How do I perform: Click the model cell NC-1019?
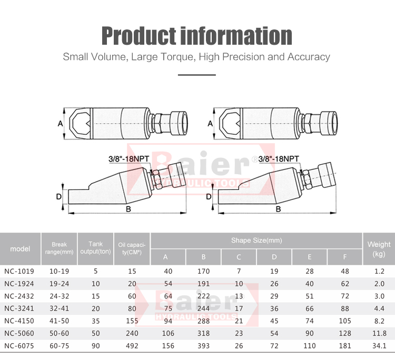pyautogui.click(x=19, y=271)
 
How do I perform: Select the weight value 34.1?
pyautogui.click(x=379, y=346)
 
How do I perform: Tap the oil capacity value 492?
pyautogui.click(x=132, y=346)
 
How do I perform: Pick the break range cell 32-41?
pyautogui.click(x=59, y=308)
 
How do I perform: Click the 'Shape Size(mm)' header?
pyautogui.click(x=256, y=240)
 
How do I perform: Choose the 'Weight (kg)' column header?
pyautogui.click(x=379, y=249)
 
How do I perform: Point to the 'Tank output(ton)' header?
pyautogui.click(x=95, y=248)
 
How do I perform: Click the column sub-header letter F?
pyautogui.click(x=344, y=257)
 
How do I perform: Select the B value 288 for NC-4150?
pyautogui.click(x=203, y=321)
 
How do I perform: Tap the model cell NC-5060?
pyautogui.click(x=19, y=333)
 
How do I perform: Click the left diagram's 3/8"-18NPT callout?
pyautogui.click(x=129, y=159)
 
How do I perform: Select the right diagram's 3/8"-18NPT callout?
pyautogui.click(x=279, y=159)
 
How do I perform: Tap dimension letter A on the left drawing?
pyautogui.click(x=60, y=124)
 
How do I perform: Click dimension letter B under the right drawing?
pyautogui.click(x=279, y=209)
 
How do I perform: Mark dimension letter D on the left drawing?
pyautogui.click(x=58, y=197)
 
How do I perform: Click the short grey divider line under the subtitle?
pyautogui.click(x=197, y=75)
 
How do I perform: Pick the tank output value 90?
pyautogui.click(x=95, y=346)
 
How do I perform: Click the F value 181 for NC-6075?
pyautogui.click(x=345, y=346)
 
